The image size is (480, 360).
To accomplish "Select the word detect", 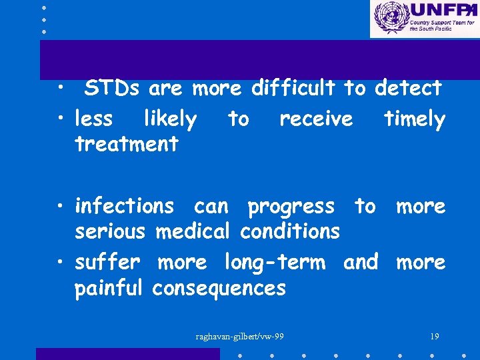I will point(408,88).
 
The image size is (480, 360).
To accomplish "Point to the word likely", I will point(170,119).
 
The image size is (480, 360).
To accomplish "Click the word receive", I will point(316,119).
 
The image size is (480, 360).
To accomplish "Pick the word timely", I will point(414,119).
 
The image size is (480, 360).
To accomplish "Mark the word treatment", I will point(127,143).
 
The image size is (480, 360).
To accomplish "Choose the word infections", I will point(124,207).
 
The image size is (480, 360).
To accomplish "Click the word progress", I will point(291,207).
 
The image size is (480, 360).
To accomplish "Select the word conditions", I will point(290,231).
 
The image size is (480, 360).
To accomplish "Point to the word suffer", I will point(107,262).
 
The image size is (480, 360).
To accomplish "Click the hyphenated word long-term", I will point(275,263).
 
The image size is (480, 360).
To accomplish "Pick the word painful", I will point(109,288).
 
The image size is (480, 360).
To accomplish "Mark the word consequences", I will point(219,288).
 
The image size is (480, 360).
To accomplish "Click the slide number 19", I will point(435,336).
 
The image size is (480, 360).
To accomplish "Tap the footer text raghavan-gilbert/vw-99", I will point(239,336).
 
